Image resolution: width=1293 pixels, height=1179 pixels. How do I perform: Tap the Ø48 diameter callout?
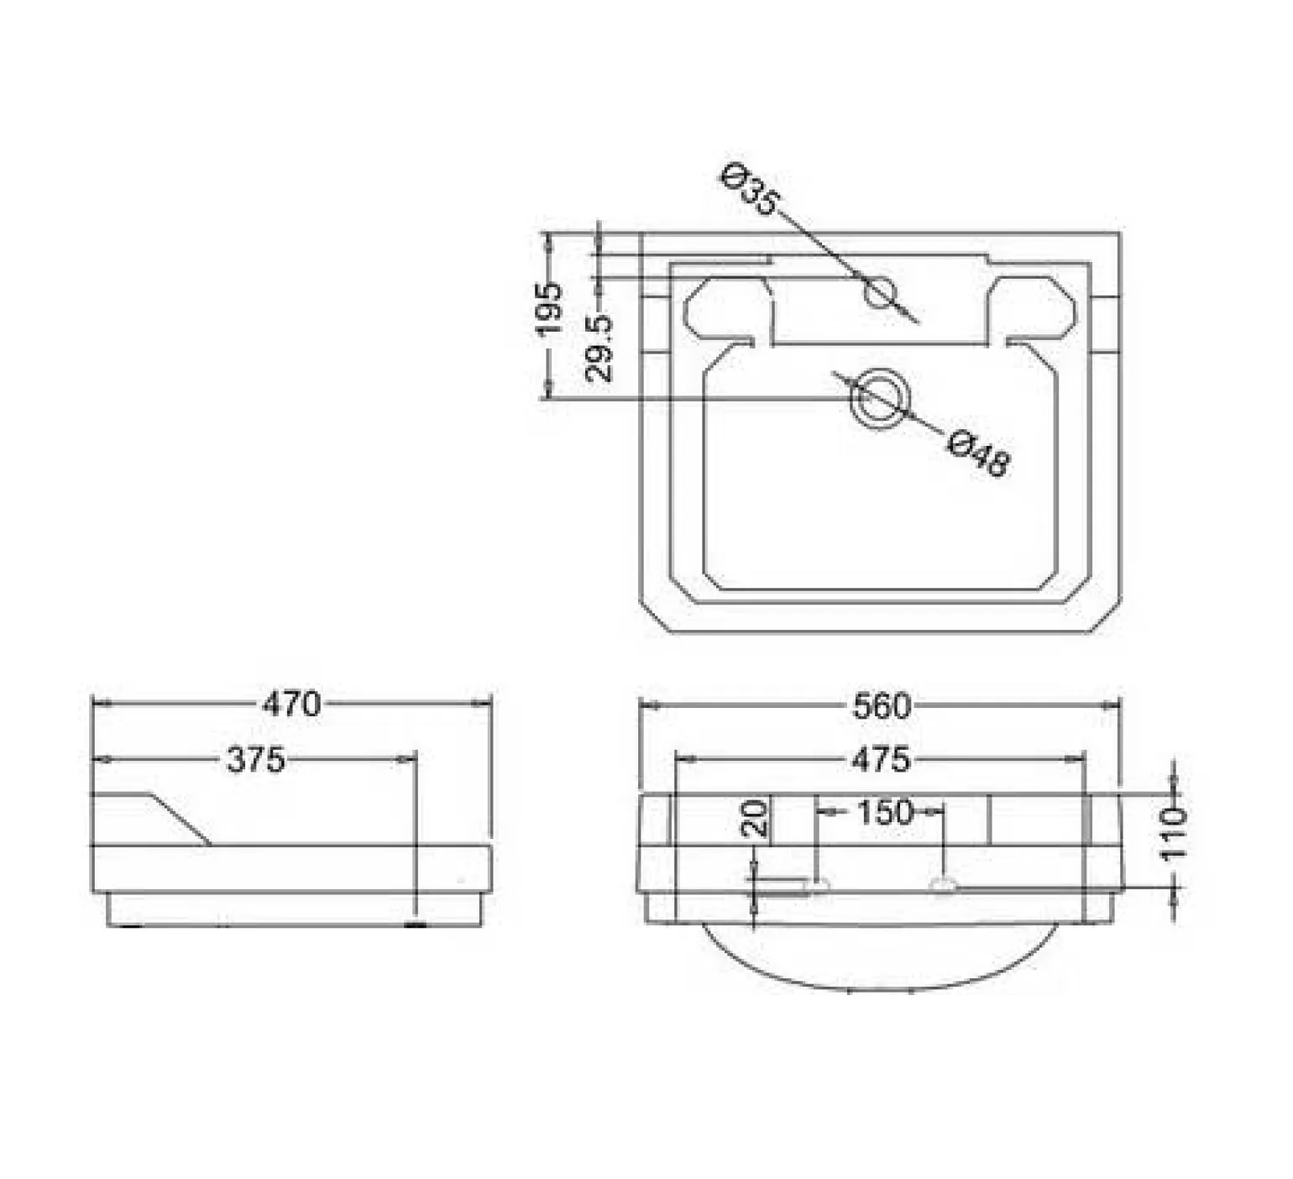point(979,453)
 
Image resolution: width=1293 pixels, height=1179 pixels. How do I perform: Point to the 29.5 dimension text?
point(599,348)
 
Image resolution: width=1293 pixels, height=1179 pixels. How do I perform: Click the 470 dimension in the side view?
point(291,704)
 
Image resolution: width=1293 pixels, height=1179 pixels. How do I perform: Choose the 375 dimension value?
point(256,760)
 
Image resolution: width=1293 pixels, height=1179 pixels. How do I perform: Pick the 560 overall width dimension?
point(882,706)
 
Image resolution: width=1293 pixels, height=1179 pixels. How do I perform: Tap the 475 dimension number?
point(881,760)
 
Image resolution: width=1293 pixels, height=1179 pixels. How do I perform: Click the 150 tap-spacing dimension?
point(884,812)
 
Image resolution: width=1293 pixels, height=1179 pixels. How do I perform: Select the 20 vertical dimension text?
point(756,817)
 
